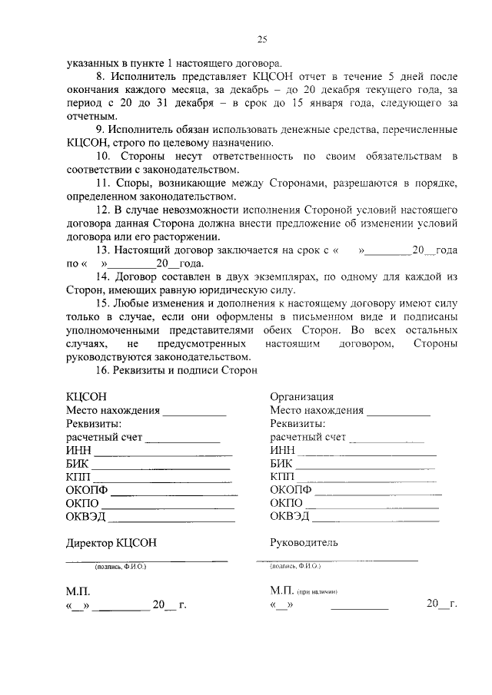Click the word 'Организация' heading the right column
[x=301, y=396]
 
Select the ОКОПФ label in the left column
[x=88, y=489]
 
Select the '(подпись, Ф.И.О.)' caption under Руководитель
[x=296, y=566]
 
